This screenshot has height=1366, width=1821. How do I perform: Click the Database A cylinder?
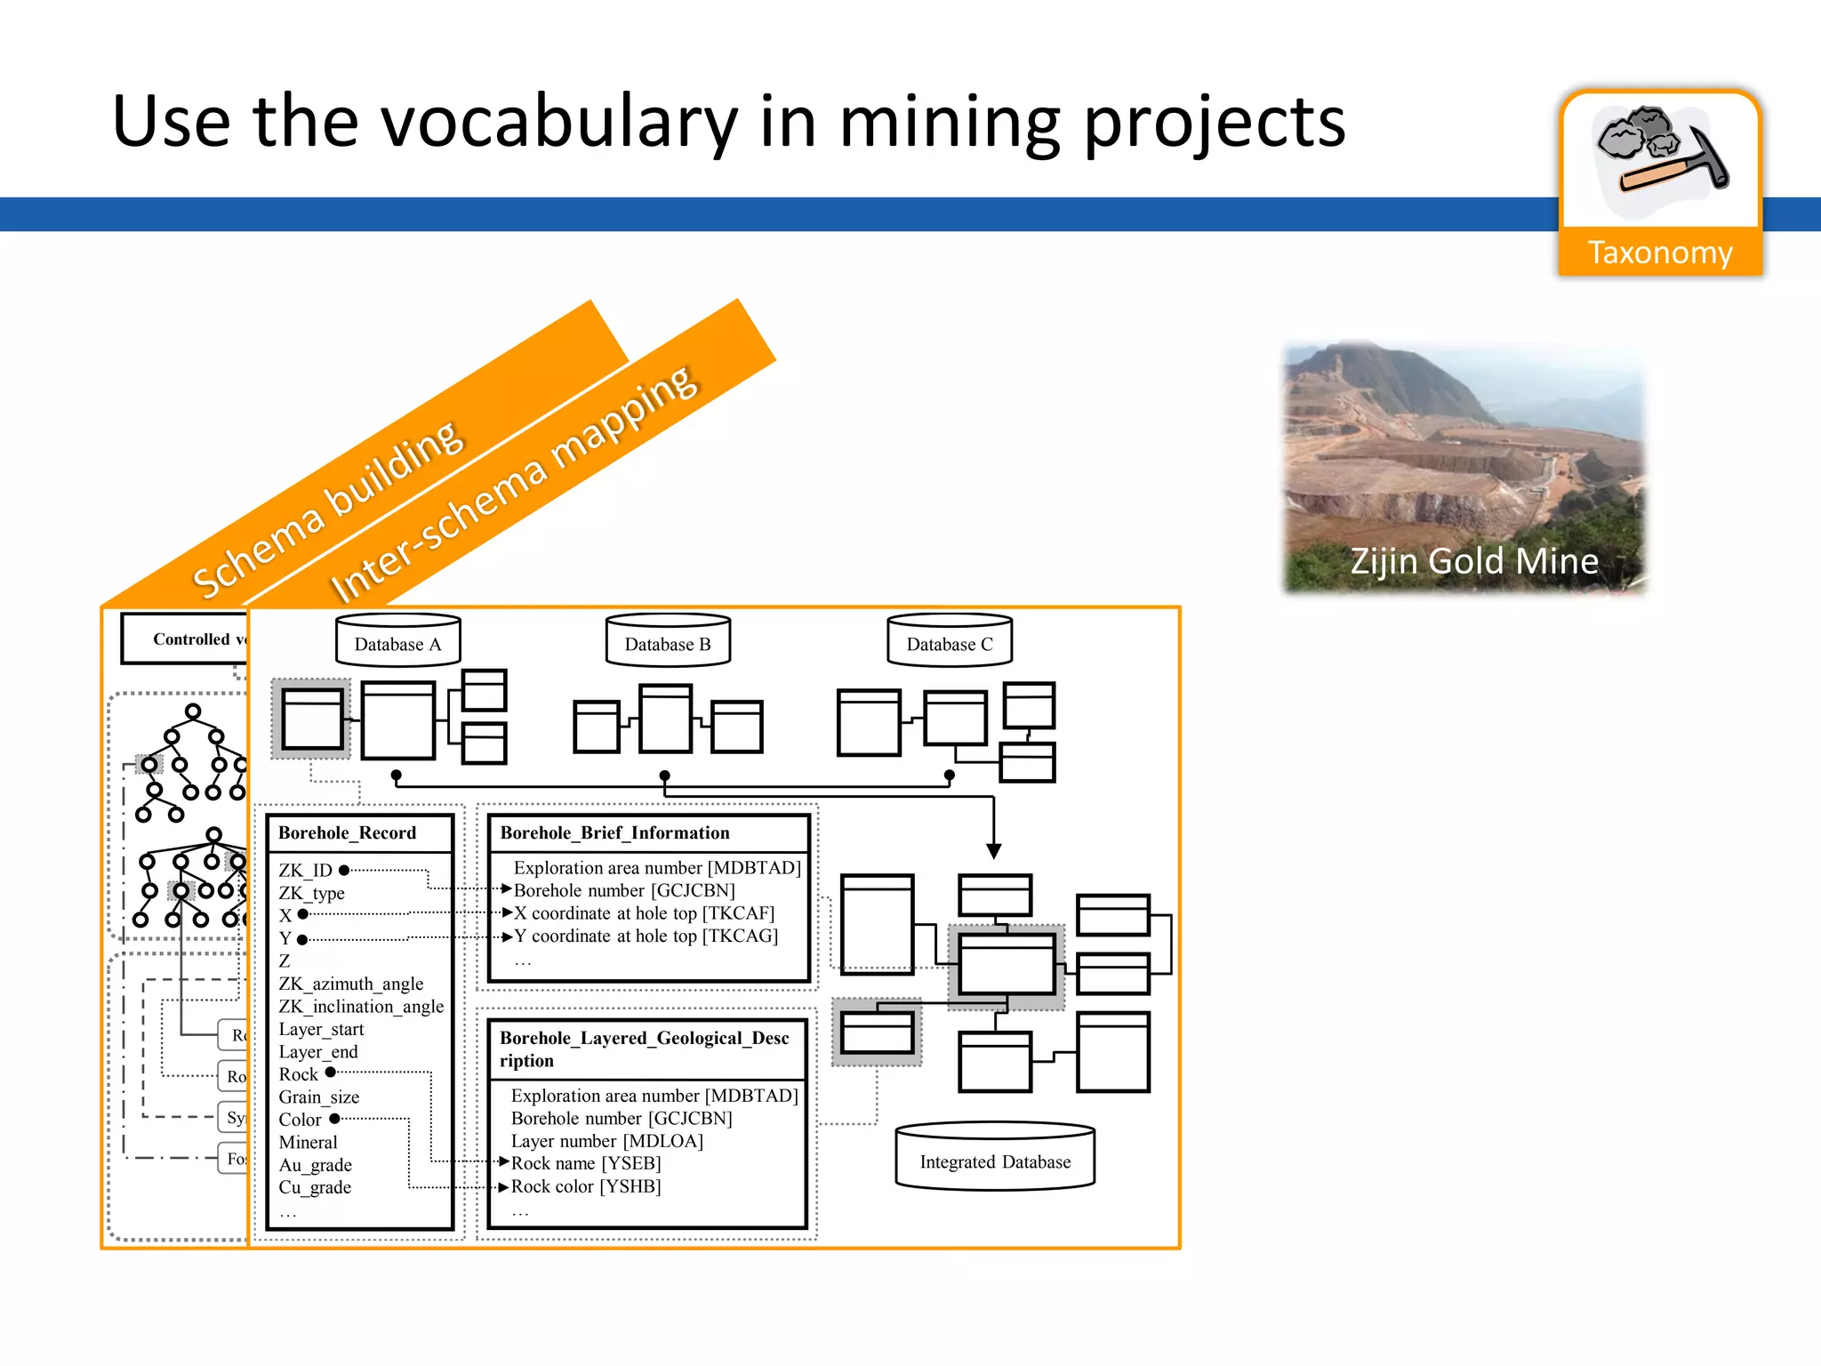pos(397,641)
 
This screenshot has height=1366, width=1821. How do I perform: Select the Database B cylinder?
pos(668,641)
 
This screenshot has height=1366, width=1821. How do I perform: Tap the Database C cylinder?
pos(950,641)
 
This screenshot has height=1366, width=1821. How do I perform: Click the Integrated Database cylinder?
pos(995,1157)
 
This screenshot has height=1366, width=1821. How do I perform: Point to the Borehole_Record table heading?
pos(347,833)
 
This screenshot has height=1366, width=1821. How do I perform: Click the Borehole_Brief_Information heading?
pos(614,833)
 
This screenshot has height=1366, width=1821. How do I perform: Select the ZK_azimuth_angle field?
pos(350,984)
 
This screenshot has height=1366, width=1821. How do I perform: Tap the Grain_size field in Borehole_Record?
pos(318,1097)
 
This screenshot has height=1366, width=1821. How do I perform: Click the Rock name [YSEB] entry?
pos(586,1163)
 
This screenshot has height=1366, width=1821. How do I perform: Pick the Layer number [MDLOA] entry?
pos(606,1141)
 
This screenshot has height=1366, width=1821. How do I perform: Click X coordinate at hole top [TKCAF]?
pos(644,913)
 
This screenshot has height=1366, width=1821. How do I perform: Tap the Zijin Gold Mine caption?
pos(1473,561)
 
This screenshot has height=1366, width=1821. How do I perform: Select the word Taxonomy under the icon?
pos(1660,253)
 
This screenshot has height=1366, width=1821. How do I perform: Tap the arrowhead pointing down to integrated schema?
pos(994,851)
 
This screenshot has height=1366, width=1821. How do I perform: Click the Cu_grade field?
pos(315,1187)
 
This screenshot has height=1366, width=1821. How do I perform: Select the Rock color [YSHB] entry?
pos(586,1186)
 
